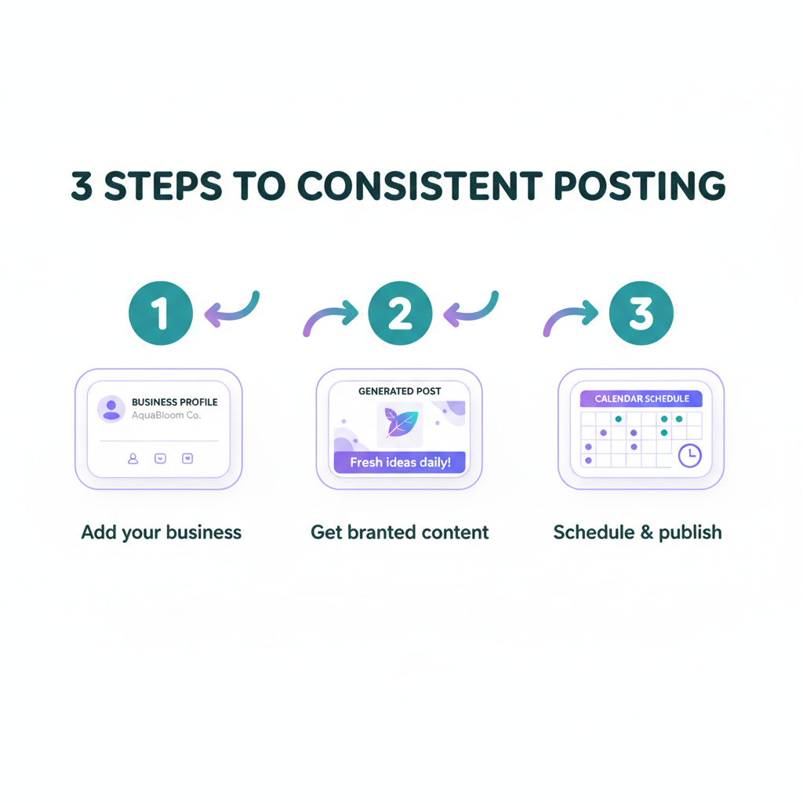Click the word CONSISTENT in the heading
tap(420, 185)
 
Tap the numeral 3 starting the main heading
tap(82, 185)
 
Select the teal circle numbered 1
tap(161, 313)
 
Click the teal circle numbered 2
tap(400, 313)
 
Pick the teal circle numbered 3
tap(641, 313)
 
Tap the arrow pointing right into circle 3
tap(569, 315)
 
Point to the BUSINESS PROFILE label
tap(175, 402)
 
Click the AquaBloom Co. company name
tap(166, 416)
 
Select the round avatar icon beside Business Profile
tap(111, 409)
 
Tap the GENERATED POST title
tap(399, 391)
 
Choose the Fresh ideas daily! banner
tap(399, 462)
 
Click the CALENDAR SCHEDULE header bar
tap(641, 398)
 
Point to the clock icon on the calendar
tap(690, 456)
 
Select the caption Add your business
tap(162, 532)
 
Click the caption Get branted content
tap(399, 532)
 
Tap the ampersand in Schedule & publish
tap(647, 532)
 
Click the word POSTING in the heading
tap(640, 185)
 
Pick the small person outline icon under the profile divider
tap(133, 458)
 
